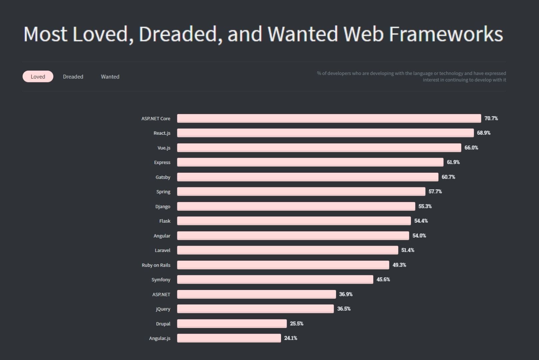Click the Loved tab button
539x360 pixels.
point(38,77)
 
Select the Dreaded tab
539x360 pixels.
point(73,77)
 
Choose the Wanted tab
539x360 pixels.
point(110,77)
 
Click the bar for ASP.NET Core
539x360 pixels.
point(329,118)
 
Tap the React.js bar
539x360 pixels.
point(325,133)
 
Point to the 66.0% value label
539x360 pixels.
point(471,148)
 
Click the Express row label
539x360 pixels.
point(162,162)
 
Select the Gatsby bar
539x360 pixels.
point(307,177)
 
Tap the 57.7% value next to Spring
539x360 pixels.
point(435,192)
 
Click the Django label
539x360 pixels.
point(163,207)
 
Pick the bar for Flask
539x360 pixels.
point(294,221)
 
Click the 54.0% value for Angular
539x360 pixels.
point(419,236)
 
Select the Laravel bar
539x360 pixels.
point(287,250)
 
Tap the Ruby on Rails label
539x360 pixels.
point(156,265)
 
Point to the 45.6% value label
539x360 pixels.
point(383,280)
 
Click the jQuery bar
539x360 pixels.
point(255,309)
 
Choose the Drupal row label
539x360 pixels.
point(163,324)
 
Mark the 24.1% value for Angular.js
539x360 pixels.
point(290,338)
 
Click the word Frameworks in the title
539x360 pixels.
point(446,34)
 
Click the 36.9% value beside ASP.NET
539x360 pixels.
point(346,294)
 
